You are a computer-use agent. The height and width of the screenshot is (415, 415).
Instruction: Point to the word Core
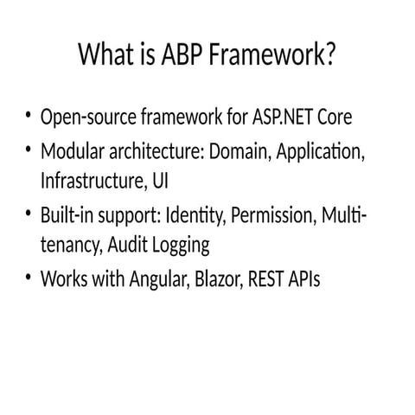[x=333, y=117]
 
